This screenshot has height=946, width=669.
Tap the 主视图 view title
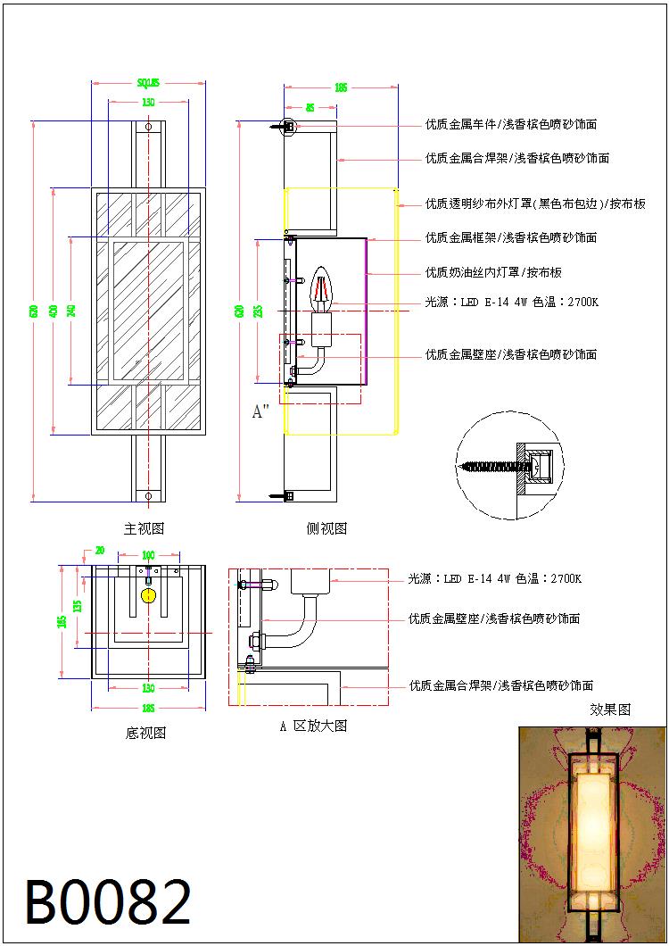pyautogui.click(x=144, y=528)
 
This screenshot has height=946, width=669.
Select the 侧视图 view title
pyautogui.click(x=326, y=528)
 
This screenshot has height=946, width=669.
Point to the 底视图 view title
pyautogui.click(x=145, y=733)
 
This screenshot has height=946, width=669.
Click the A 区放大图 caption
pyautogui.click(x=313, y=726)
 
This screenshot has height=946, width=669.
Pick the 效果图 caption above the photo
pyautogui.click(x=610, y=709)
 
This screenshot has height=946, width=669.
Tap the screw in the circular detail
pyautogui.click(x=491, y=467)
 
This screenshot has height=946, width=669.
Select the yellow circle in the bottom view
pyautogui.click(x=148, y=595)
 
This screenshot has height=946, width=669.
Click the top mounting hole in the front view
pyautogui.click(x=148, y=128)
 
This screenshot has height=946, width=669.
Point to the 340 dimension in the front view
pyautogui.click(x=71, y=311)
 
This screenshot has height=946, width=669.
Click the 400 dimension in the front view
pyautogui.click(x=54, y=311)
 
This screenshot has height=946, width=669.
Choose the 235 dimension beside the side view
pyautogui.click(x=258, y=311)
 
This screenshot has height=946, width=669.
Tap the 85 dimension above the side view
pyautogui.click(x=310, y=107)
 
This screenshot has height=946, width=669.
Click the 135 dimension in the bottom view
pyautogui.click(x=78, y=606)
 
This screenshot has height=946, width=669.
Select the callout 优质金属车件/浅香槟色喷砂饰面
pyautogui.click(x=511, y=124)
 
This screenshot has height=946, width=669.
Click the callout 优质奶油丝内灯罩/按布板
pyautogui.click(x=493, y=272)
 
